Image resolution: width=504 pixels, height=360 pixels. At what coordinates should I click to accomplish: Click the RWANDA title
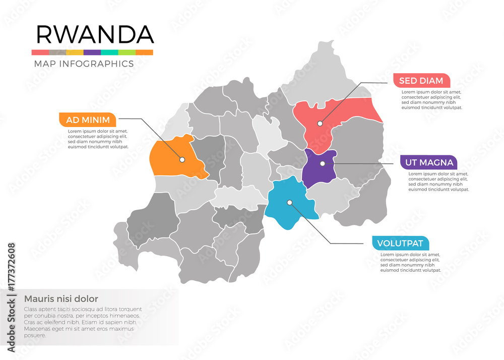[95, 34]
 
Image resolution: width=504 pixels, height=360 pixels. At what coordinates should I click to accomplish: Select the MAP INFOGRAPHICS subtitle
[84, 64]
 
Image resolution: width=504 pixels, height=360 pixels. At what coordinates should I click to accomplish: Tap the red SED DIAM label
[421, 80]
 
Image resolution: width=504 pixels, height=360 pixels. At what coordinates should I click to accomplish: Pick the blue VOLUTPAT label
[400, 243]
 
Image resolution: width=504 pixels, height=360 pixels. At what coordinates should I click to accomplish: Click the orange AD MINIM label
[88, 120]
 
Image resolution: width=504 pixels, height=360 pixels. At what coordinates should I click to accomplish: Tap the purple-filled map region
[318, 169]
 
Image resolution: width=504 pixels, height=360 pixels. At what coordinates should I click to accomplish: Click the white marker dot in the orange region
[182, 159]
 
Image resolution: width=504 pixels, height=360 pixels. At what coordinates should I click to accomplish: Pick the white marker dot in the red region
[320, 123]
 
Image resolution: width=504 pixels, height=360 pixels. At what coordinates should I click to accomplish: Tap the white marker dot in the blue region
[289, 203]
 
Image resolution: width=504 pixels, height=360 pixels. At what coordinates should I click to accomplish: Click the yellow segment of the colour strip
[75, 52]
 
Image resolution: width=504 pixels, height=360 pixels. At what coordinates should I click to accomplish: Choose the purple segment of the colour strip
[92, 52]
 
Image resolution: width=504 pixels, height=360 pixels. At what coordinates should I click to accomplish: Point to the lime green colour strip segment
[127, 52]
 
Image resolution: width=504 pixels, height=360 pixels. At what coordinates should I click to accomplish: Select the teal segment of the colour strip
[109, 52]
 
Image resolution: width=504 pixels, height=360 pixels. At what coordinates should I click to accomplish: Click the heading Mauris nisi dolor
[61, 298]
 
